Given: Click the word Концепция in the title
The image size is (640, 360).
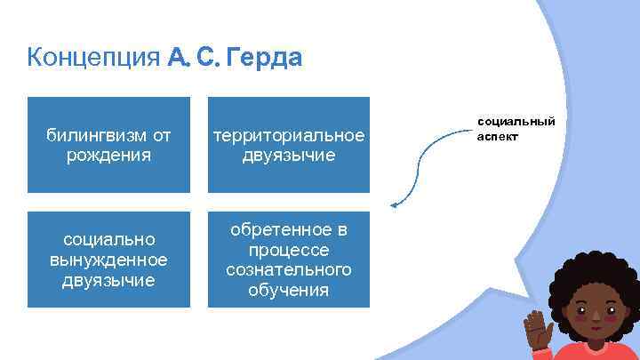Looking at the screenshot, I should click(93, 59).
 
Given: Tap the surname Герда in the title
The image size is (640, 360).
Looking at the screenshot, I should click(265, 59).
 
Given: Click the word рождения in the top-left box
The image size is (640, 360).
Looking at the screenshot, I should click(108, 155).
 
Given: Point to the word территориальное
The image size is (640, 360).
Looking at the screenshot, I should click(289, 135).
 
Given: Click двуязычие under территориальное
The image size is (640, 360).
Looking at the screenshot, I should click(289, 155).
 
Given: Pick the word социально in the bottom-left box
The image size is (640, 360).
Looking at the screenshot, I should click(108, 240).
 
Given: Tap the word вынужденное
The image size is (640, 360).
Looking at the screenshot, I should click(108, 260).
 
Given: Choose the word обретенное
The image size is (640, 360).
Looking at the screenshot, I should click(289, 230).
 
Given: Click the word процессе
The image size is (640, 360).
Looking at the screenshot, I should click(289, 250).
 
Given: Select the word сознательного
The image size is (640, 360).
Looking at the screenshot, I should click(289, 269).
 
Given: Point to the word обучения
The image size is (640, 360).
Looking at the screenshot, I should click(289, 290).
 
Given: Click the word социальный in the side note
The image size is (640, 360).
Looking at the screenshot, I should click(516, 120).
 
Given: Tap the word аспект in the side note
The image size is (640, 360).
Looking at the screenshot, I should click(497, 137).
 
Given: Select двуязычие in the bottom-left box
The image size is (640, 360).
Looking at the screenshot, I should click(108, 280).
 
